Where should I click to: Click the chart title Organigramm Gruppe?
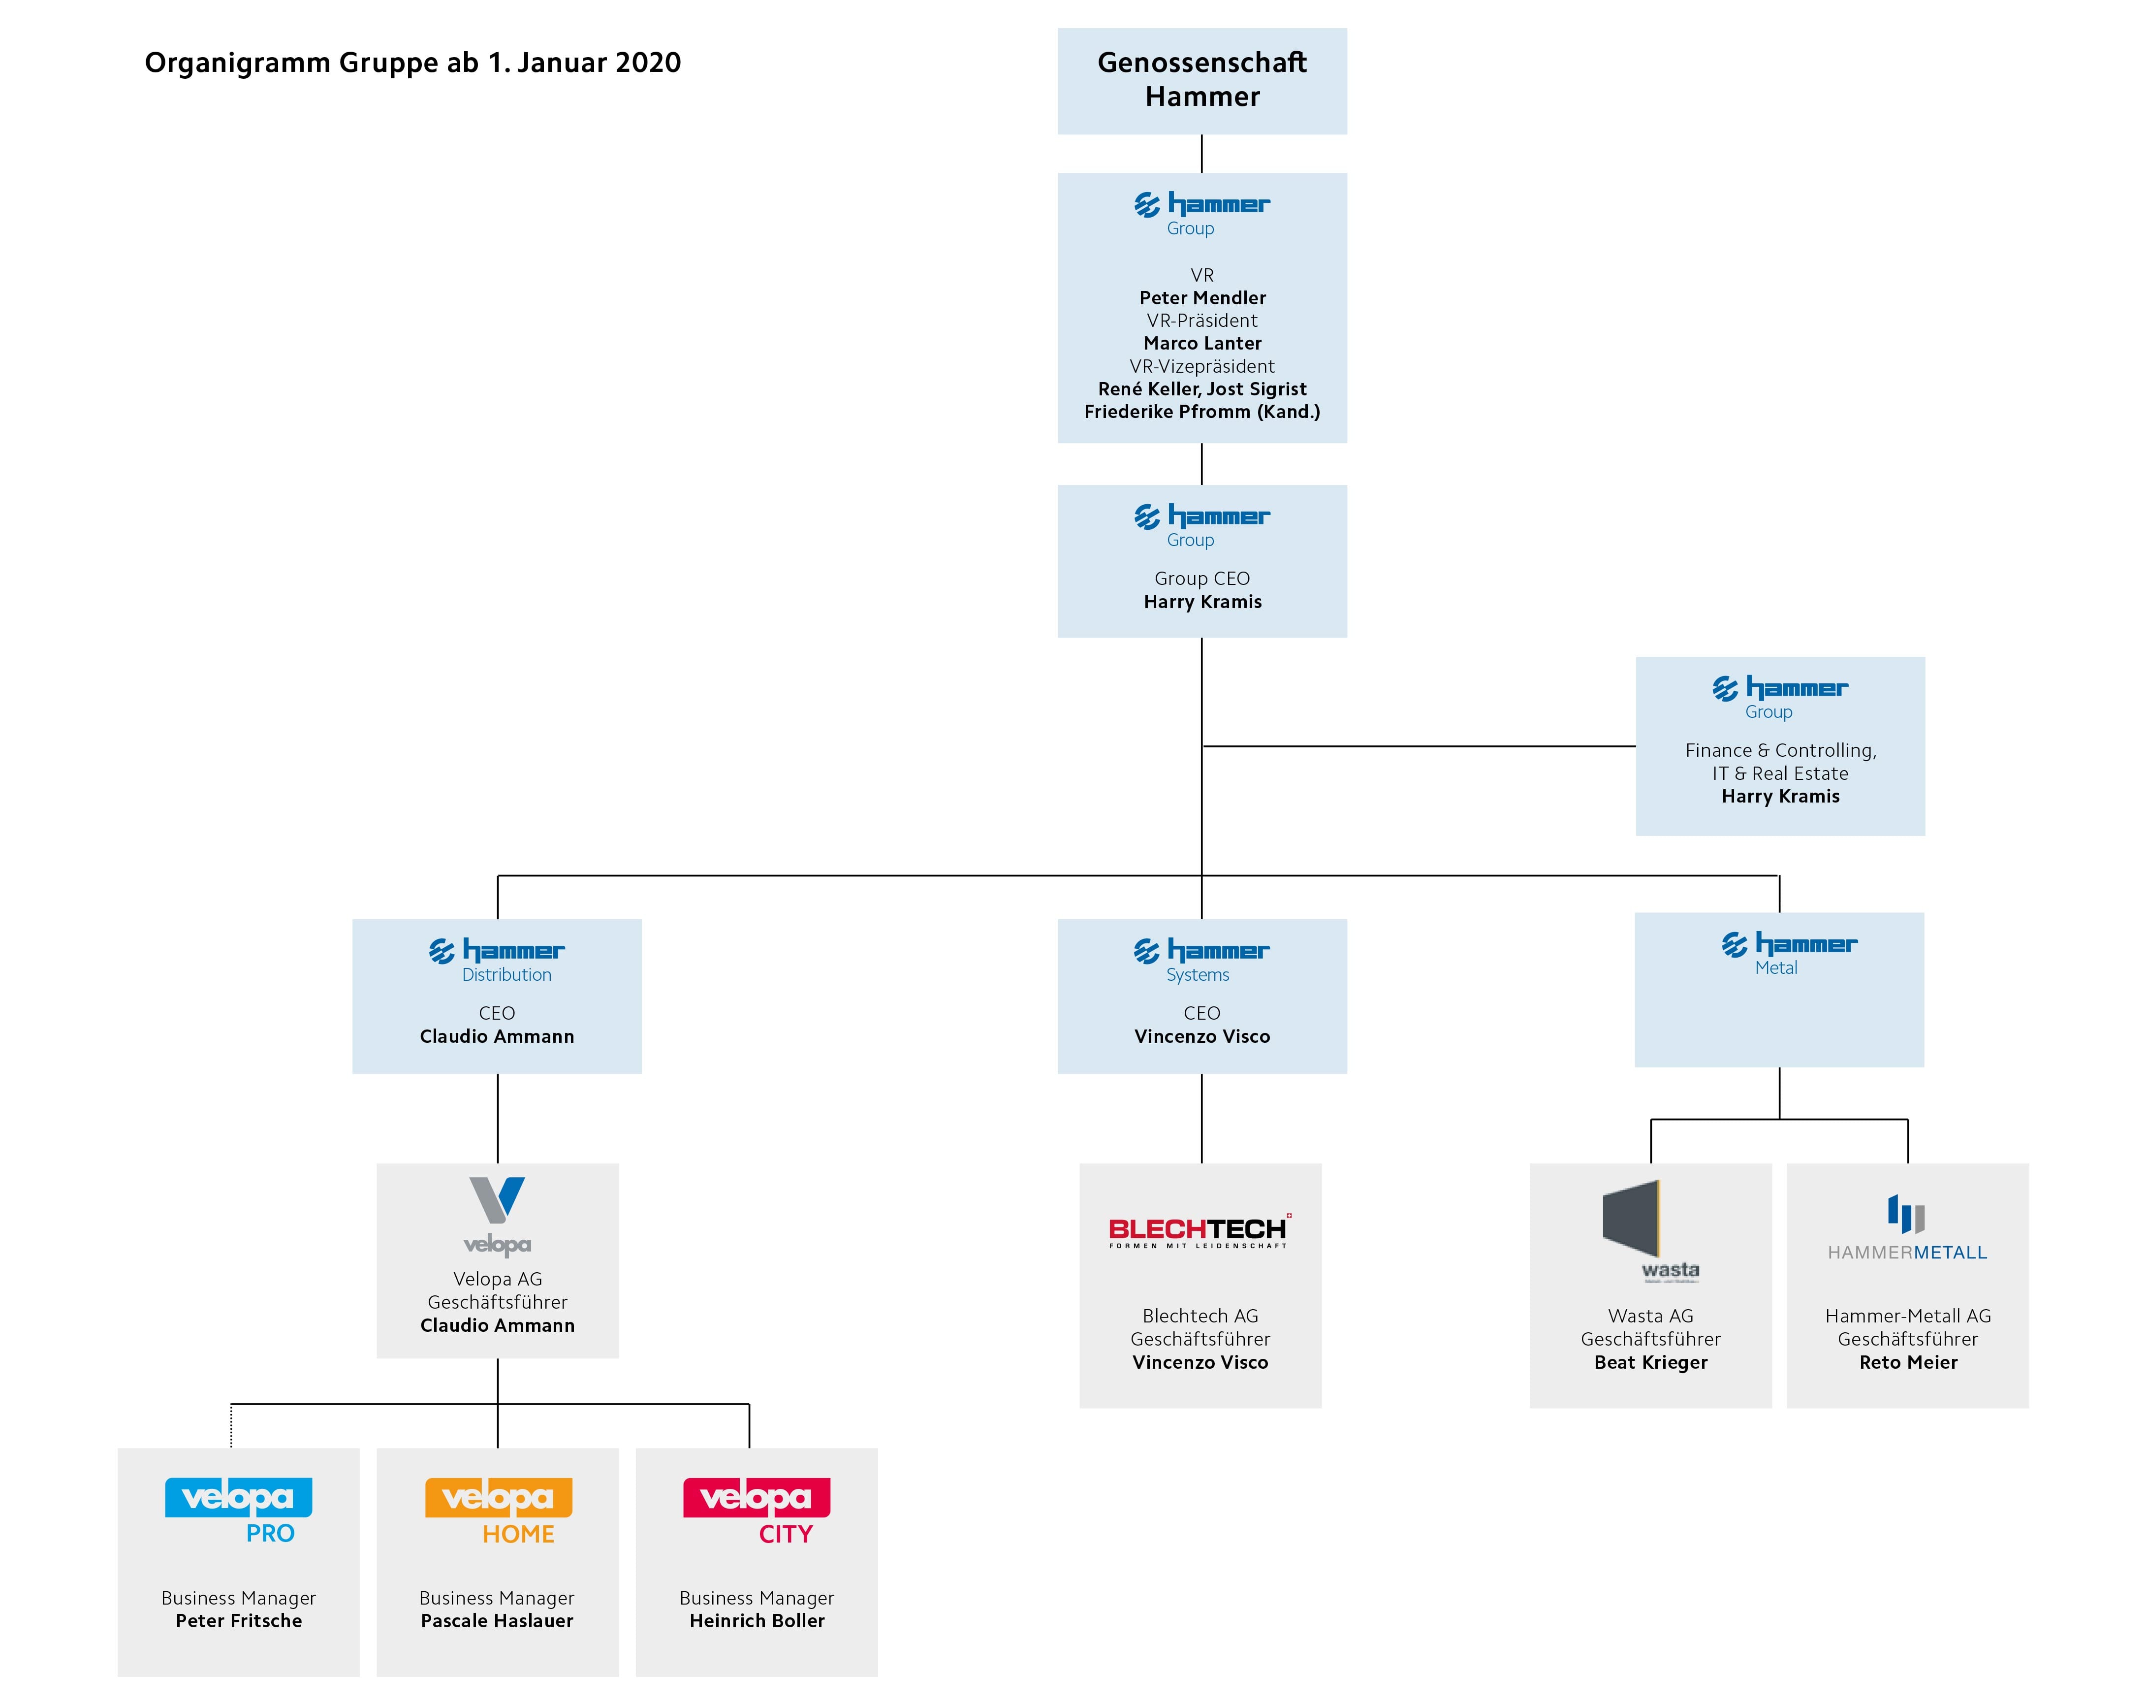[412, 63]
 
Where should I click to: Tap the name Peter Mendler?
[1202, 298]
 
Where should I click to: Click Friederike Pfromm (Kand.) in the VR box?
[1202, 411]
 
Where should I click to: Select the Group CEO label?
[1202, 579]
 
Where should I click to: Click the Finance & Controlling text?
[1779, 750]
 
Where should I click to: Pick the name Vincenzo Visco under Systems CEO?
[1202, 1037]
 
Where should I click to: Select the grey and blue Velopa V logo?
[497, 1213]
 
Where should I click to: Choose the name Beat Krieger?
[1650, 1362]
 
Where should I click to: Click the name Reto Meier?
[1907, 1362]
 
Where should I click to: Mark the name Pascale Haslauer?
[497, 1620]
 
